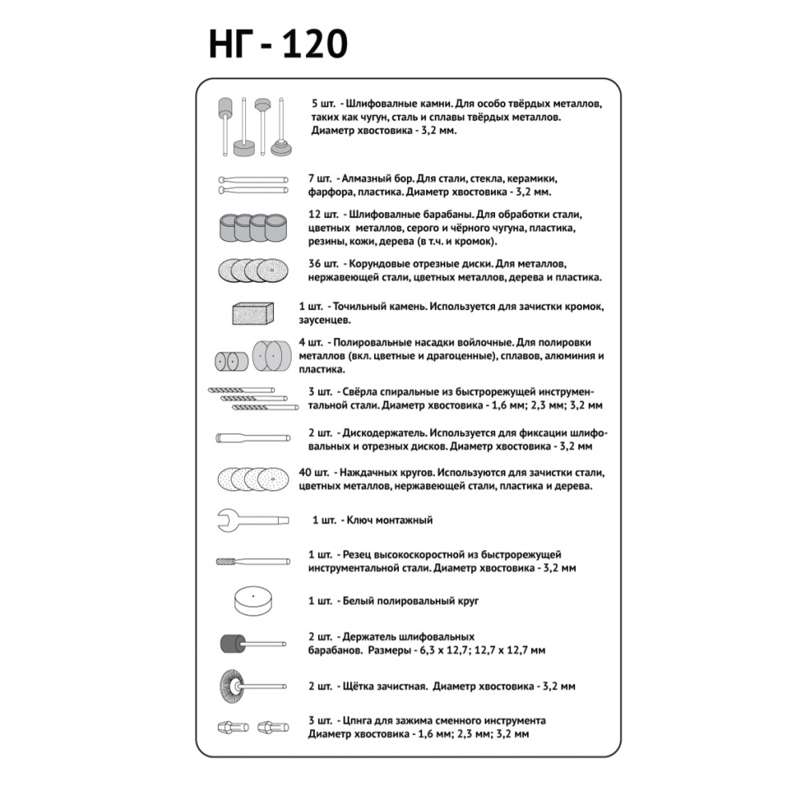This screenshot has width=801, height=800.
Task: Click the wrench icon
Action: tap(252, 520)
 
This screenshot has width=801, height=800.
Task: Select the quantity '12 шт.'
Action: tap(323, 215)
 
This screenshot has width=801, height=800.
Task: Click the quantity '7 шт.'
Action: tap(318, 178)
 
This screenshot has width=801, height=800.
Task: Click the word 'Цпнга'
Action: tap(357, 720)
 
